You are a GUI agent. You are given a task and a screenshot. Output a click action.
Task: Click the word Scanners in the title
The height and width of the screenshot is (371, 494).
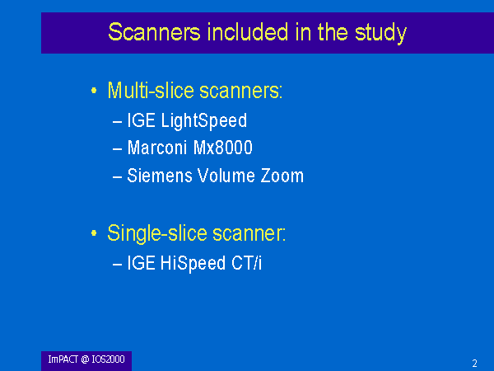pyautogui.click(x=154, y=32)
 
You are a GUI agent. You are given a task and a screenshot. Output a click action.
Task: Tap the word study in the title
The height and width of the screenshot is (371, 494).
pyautogui.click(x=380, y=34)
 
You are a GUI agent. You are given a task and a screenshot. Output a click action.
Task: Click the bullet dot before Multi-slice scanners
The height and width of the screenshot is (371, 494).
pyautogui.click(x=94, y=91)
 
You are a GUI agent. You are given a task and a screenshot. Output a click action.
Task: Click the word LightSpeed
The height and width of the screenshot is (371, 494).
pyautogui.click(x=204, y=121)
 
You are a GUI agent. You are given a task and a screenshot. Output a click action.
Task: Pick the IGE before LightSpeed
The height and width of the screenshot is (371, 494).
pyautogui.click(x=141, y=120)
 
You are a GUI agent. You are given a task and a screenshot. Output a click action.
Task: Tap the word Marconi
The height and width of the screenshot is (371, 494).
pyautogui.click(x=157, y=148)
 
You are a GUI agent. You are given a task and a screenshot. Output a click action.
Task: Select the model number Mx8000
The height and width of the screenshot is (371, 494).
pyautogui.click(x=223, y=148)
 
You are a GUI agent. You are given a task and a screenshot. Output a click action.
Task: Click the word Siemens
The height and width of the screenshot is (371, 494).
pyautogui.click(x=160, y=176)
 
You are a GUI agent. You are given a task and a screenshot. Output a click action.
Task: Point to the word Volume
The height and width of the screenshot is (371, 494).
pyautogui.click(x=226, y=176)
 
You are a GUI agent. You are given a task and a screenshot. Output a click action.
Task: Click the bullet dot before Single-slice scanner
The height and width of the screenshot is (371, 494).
pyautogui.click(x=94, y=233)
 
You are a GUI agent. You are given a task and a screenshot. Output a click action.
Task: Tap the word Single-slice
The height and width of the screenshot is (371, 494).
pyautogui.click(x=157, y=234)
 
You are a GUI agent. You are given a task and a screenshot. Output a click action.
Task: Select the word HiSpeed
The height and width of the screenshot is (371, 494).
pyautogui.click(x=193, y=264)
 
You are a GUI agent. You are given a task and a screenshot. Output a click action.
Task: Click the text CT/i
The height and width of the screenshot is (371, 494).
pyautogui.click(x=246, y=263)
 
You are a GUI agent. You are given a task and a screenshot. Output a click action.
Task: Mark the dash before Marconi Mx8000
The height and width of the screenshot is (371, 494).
pyautogui.click(x=117, y=148)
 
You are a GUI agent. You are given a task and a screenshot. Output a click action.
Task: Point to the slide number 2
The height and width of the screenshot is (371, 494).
pyautogui.click(x=474, y=364)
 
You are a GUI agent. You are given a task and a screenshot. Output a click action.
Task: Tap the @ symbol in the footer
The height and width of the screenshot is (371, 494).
pyautogui.click(x=85, y=359)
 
